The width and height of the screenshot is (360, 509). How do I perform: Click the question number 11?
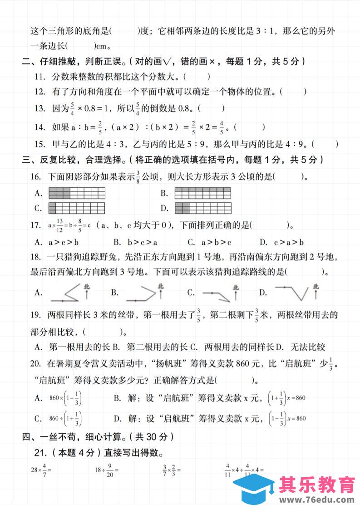(40, 77)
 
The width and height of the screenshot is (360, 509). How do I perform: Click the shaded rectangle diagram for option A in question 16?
(77, 193)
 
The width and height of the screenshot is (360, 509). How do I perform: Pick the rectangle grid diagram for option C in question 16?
(77, 209)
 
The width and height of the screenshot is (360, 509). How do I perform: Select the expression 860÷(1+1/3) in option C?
(65, 419)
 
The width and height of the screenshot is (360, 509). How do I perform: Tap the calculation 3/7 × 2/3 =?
(172, 470)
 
